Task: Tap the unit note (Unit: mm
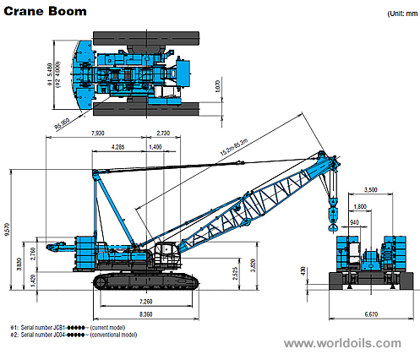tap(396, 14)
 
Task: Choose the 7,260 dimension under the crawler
tap(143, 301)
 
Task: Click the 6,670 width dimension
tap(370, 314)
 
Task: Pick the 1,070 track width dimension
tap(219, 85)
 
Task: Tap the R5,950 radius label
tap(63, 127)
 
